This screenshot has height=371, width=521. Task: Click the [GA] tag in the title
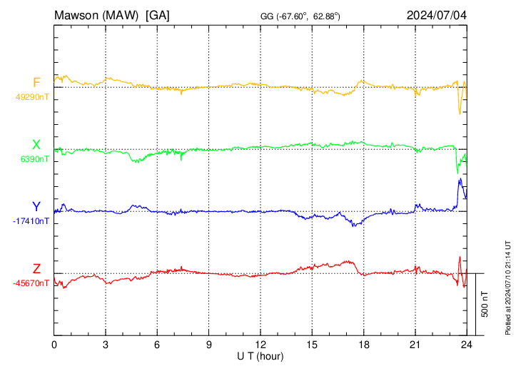(x=157, y=15)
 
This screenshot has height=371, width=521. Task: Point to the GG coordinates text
(x=300, y=16)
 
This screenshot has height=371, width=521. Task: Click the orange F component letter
(x=36, y=83)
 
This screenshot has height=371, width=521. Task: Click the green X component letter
(x=36, y=145)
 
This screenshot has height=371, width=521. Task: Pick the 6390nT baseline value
(x=35, y=159)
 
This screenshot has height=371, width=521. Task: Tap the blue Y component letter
(x=36, y=207)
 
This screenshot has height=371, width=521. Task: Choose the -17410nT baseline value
(x=31, y=221)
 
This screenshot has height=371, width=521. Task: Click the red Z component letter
(x=36, y=269)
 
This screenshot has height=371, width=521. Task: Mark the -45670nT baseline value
(x=31, y=283)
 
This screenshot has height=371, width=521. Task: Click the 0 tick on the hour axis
(x=54, y=345)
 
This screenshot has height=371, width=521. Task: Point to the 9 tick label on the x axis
(x=209, y=345)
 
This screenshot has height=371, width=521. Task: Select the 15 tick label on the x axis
(x=312, y=345)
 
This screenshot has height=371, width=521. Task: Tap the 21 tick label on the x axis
(x=415, y=345)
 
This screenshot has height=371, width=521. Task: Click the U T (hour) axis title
(x=260, y=355)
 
